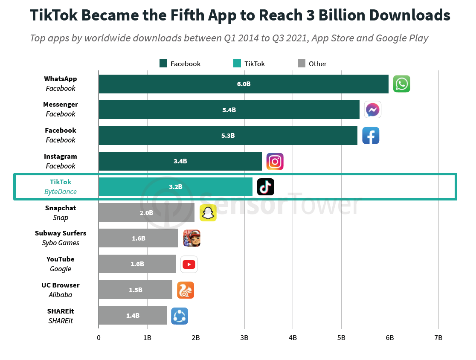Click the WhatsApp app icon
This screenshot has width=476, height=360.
pyautogui.click(x=401, y=84)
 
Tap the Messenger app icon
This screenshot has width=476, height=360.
pyautogui.click(x=372, y=110)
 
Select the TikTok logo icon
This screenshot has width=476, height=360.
pyautogui.click(x=266, y=187)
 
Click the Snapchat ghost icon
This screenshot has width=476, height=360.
pyautogui.click(x=208, y=213)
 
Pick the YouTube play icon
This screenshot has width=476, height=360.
pyautogui.click(x=189, y=264)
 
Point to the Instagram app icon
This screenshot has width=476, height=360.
pyautogui.click(x=275, y=162)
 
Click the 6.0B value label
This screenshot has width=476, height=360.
pyautogui.click(x=244, y=84)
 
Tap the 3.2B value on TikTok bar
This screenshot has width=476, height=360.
pyautogui.click(x=175, y=187)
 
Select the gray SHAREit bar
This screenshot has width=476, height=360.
pyautogui.click(x=133, y=316)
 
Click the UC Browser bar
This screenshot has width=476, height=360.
pyautogui.click(x=135, y=290)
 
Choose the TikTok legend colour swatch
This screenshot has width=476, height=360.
pyautogui.click(x=237, y=64)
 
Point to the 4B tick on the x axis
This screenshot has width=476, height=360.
pyautogui.click(x=293, y=337)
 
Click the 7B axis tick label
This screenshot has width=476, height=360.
pyautogui.click(x=438, y=337)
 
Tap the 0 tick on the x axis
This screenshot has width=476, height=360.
pyautogui.click(x=99, y=337)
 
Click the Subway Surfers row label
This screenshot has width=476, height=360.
pyautogui.click(x=61, y=233)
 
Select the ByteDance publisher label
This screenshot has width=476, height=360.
pyautogui.click(x=61, y=192)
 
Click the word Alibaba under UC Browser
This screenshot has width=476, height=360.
pyautogui.click(x=61, y=295)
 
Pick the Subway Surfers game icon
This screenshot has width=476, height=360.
pyautogui.click(x=192, y=238)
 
